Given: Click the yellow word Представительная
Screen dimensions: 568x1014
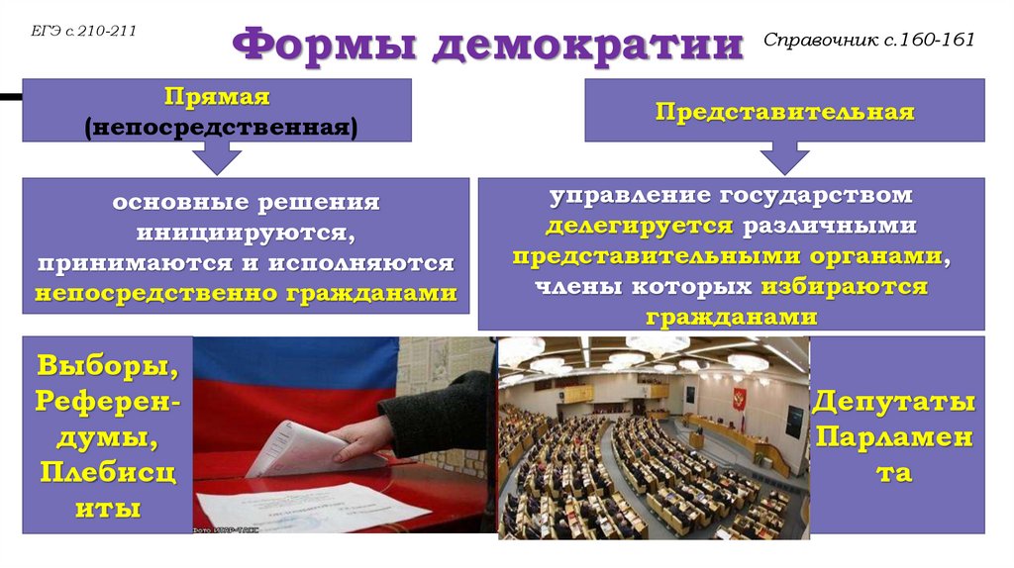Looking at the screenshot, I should click(x=783, y=111).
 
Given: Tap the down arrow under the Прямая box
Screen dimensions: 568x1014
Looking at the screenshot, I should click(x=217, y=156).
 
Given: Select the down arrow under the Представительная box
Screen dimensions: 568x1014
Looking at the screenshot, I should click(x=783, y=156).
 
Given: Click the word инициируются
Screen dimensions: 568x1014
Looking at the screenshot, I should click(x=246, y=233).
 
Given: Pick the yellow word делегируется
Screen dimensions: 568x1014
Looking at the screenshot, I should click(x=639, y=225).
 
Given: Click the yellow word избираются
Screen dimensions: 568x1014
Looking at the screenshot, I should click(x=844, y=287).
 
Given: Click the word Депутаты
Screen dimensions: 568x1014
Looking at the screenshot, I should click(x=894, y=403).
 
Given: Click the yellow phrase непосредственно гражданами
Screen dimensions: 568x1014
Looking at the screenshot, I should click(x=246, y=294).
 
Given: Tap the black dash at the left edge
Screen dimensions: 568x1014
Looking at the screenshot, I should click(x=10, y=97).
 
